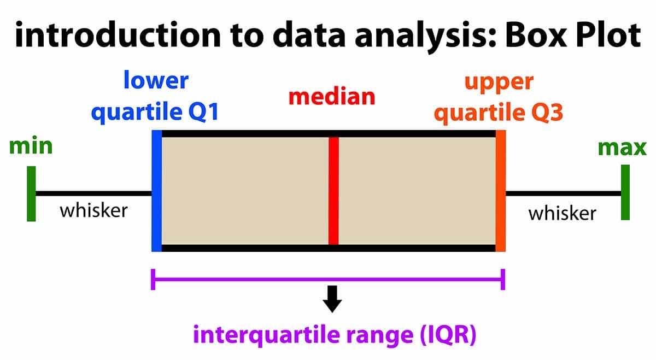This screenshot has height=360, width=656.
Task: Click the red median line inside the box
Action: click(x=333, y=191)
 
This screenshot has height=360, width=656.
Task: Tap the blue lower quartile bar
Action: click(x=157, y=191)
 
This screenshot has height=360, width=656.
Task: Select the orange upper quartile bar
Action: click(x=501, y=191)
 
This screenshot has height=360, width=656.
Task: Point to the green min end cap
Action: click(x=31, y=194)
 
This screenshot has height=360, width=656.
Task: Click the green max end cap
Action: click(x=625, y=192)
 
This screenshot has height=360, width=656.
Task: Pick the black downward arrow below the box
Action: click(x=332, y=299)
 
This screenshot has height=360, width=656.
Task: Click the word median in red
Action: click(x=332, y=97)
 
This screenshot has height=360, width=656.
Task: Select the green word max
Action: click(x=622, y=148)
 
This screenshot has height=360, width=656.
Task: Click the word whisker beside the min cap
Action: click(x=93, y=210)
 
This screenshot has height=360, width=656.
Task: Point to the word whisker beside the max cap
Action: click(x=563, y=213)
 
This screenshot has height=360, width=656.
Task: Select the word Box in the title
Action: click(x=536, y=35)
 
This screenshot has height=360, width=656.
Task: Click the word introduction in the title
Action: click(x=118, y=34)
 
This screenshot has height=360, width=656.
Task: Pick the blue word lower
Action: click(x=156, y=80)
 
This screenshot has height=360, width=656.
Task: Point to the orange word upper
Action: click(x=499, y=83)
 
